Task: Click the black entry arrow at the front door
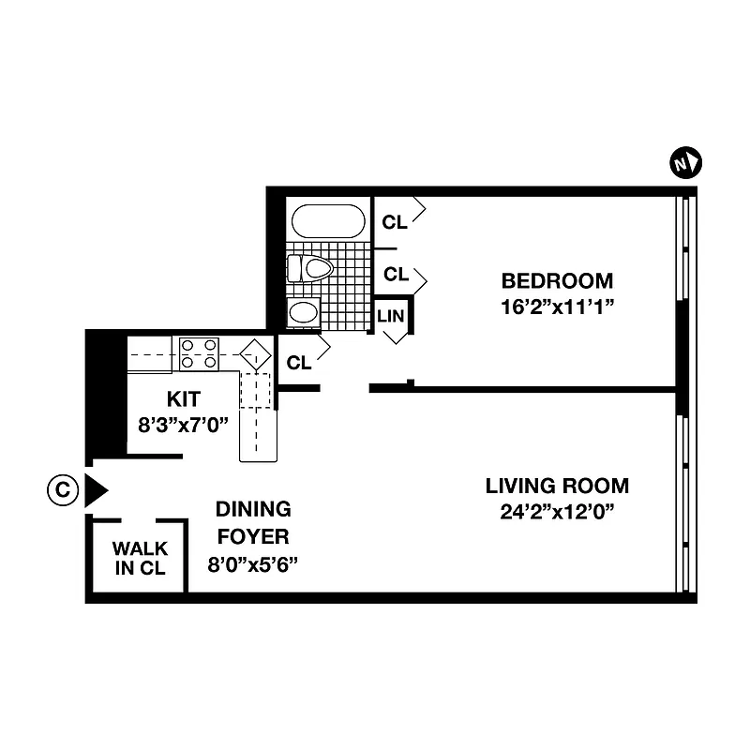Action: pos(96,490)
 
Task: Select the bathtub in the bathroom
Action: pos(327,221)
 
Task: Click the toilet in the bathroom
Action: pos(311,269)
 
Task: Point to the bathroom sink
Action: pos(303,312)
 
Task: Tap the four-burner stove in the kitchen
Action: pos(199,353)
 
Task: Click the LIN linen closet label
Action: pos(391,316)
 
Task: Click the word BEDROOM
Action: pos(557,280)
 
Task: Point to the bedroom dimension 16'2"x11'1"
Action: pos(557,306)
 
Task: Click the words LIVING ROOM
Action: pos(557,487)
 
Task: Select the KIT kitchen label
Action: pos(183,397)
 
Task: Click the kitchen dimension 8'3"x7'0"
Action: pos(183,423)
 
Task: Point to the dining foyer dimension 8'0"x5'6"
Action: pos(253,564)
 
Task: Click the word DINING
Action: pos(253,510)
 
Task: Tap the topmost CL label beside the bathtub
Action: pos(395,222)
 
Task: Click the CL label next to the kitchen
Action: pos(299,362)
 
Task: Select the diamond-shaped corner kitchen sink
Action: pos(253,355)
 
